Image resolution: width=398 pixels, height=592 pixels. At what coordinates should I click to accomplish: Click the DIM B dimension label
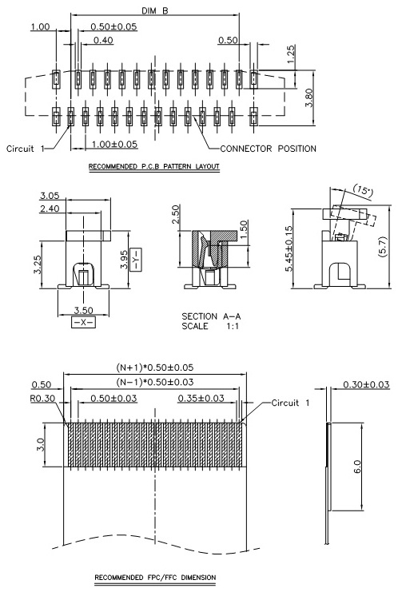155,10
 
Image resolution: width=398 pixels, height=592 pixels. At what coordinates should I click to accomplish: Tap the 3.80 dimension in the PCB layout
309,97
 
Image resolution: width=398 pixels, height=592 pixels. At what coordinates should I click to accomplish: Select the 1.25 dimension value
291,54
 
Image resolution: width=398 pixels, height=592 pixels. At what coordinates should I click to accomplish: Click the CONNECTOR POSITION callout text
268,149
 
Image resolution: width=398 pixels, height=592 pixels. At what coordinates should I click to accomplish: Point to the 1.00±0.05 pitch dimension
115,145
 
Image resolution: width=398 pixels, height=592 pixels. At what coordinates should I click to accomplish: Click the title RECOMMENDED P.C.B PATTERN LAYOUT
154,166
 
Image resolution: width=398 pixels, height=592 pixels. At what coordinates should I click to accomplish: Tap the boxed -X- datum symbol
83,323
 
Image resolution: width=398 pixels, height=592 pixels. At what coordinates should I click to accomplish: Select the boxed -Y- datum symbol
136,259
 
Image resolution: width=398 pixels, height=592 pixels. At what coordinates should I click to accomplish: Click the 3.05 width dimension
50,196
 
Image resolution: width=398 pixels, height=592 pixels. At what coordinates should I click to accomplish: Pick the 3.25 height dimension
37,264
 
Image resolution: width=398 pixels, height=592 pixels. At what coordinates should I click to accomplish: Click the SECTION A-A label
211,316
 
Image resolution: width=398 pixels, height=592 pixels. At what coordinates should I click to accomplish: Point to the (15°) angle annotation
363,190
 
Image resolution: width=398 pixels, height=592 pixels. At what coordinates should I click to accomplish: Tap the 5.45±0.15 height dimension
289,248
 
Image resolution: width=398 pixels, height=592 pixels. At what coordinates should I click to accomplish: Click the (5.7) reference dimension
382,248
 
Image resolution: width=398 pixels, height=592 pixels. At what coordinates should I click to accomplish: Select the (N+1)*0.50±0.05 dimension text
154,368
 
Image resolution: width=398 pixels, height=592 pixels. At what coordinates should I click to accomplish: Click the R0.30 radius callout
42,399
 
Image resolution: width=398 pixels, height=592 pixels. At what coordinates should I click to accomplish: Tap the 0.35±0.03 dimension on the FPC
201,398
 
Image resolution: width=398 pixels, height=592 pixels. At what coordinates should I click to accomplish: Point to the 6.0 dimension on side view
357,467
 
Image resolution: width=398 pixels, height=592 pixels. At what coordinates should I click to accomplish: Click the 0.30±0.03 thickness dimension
366,384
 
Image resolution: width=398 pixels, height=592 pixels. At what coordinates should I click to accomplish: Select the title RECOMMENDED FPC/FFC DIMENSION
155,578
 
